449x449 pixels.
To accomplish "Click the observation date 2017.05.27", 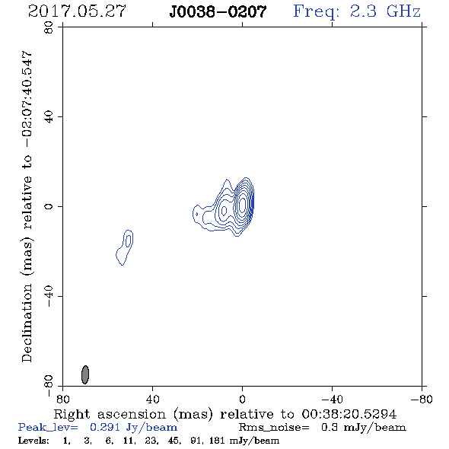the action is (77, 11).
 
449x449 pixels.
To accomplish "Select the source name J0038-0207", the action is (218, 11).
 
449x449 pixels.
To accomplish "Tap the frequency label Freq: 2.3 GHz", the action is (357, 11).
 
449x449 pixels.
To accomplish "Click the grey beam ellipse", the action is (85, 374).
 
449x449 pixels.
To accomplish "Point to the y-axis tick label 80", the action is (49, 27).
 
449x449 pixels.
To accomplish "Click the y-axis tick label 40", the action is (49, 117).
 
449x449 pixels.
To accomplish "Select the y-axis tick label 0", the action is (49, 206).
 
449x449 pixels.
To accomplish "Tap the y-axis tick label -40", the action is (49, 296).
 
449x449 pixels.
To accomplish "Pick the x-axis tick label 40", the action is (152, 399).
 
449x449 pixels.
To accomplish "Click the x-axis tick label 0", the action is (242, 399).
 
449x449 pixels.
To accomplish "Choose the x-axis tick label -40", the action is (332, 399).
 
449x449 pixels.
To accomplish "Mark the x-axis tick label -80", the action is (422, 399).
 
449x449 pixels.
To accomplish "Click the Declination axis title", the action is (27, 206).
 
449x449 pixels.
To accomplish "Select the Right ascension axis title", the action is (225, 414).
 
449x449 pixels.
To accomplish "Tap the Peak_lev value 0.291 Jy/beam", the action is (133, 428).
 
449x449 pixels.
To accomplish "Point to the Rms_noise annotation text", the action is (323, 428).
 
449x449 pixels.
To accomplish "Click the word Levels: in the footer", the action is (33, 441).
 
